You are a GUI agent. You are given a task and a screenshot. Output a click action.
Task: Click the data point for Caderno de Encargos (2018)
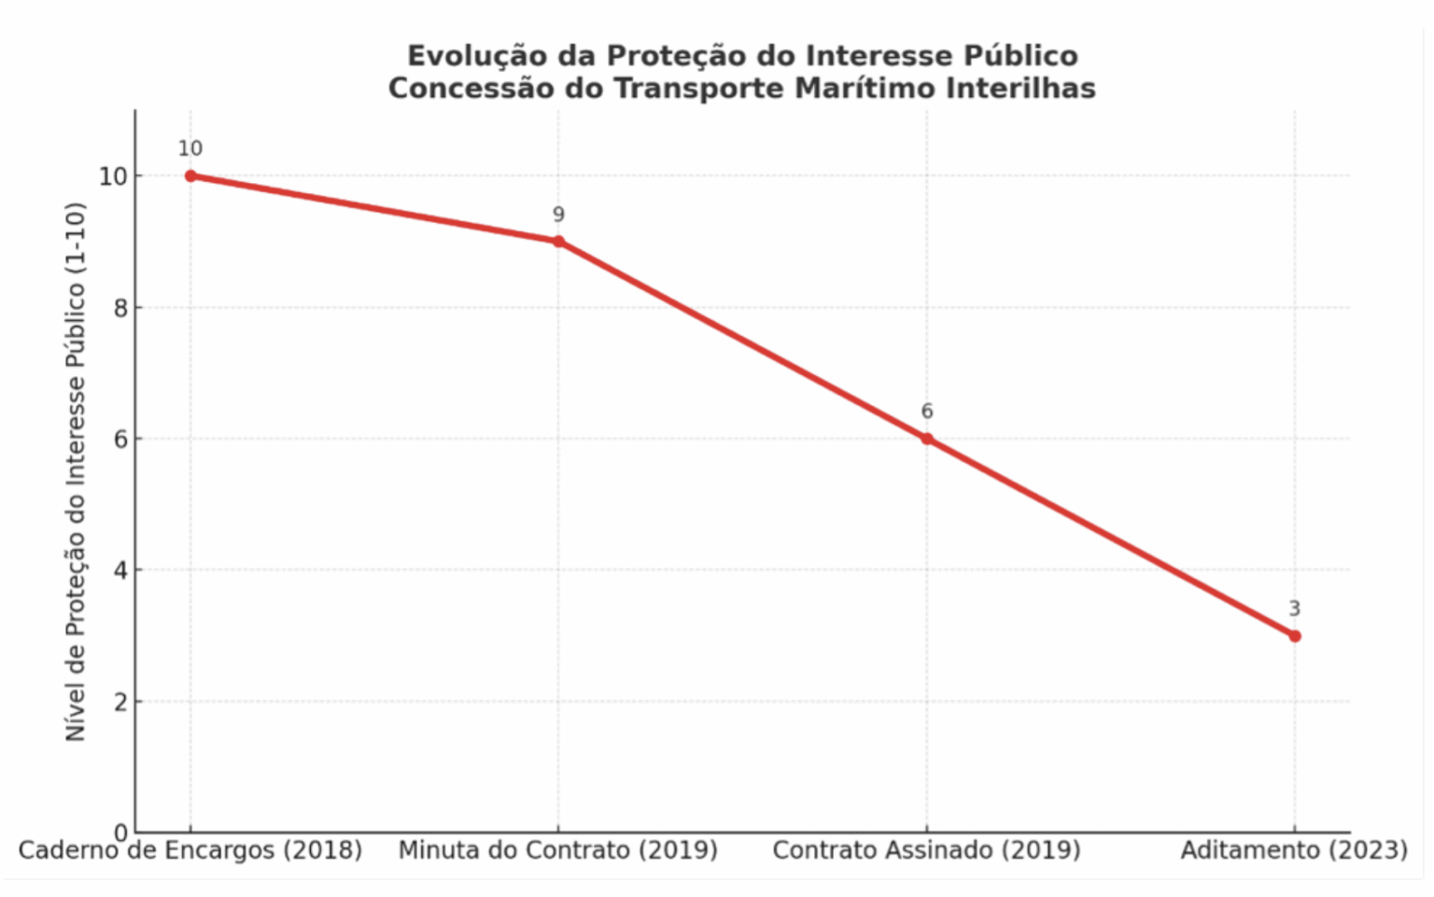pos(190,175)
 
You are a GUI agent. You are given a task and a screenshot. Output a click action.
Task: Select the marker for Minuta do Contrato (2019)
pos(558,242)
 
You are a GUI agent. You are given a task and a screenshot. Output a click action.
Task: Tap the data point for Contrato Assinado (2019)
pos(927,439)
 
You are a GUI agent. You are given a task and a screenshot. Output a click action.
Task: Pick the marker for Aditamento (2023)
pos(1295,636)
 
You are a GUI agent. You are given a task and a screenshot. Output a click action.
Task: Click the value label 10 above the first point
pos(190,148)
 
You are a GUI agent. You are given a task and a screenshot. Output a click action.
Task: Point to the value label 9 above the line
pos(558,215)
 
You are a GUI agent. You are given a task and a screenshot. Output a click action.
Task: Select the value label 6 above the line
pos(927,412)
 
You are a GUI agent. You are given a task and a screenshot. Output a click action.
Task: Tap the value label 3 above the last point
pos(1295,609)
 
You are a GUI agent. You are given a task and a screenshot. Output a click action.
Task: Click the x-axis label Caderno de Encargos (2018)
pos(190,850)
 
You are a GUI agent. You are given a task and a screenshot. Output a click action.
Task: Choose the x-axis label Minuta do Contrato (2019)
pos(558,850)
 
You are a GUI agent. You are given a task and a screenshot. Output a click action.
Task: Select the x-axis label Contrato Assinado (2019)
pos(927,850)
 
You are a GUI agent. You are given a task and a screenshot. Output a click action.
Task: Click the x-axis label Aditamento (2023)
pos(1294,850)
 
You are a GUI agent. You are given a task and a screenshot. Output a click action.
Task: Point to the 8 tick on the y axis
pos(121,308)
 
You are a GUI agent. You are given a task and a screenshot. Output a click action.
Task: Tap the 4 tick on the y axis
pos(121,570)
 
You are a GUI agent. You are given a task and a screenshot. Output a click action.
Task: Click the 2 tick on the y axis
pos(121,702)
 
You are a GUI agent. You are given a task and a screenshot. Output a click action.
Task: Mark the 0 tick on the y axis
pos(121,833)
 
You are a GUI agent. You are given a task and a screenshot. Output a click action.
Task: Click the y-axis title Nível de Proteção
pos(76,471)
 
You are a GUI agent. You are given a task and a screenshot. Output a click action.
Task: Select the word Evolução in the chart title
pos(477,56)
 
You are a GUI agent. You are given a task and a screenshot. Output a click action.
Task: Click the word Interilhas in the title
pos(1021,89)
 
